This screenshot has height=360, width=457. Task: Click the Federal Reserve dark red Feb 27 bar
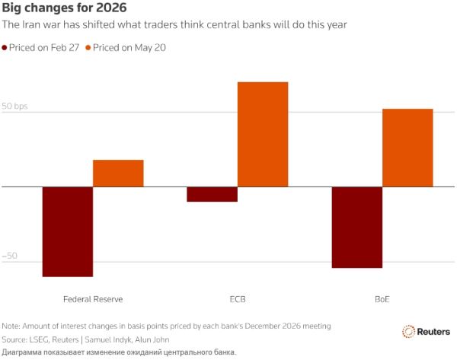pos(68,231)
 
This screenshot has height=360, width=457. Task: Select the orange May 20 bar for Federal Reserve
pos(118,174)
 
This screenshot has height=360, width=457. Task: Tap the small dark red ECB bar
pos(213,194)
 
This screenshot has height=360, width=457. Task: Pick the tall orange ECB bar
pos(263,134)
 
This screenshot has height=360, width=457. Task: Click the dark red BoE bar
pos(357,227)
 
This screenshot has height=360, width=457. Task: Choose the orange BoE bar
pos(407,148)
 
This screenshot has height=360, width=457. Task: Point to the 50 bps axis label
pos(14,106)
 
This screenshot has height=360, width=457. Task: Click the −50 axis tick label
pos(9,256)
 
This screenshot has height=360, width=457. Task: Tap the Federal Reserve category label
pos(93,299)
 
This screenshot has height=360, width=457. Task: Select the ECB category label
pos(238,299)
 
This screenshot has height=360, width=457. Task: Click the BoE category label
pos(382,299)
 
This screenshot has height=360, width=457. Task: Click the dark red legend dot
pos(5,47)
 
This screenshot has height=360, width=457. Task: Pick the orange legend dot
pos(88,47)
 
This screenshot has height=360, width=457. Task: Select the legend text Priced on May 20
pos(129,47)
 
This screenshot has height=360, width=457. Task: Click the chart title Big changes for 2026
pos(65,8)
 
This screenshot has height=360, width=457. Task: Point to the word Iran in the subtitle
pos(31,24)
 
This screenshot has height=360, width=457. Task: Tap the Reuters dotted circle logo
pos(408,331)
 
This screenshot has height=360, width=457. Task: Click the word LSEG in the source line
pos(39,339)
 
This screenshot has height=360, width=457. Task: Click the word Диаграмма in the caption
pos(21,352)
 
